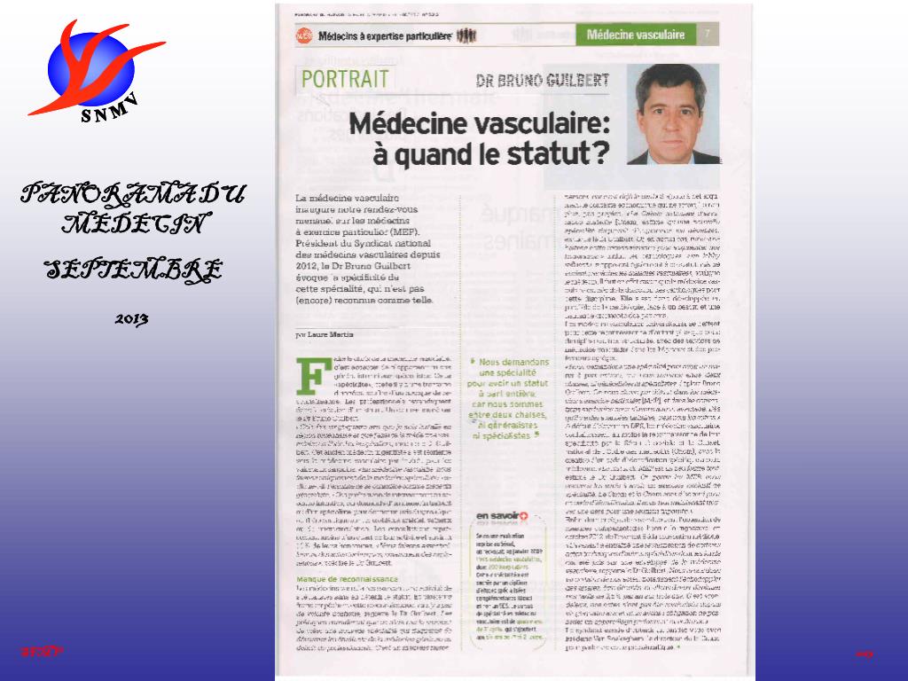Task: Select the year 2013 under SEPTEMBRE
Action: [x=131, y=317]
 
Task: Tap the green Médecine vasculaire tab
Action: [x=636, y=35]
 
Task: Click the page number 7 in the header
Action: [x=708, y=35]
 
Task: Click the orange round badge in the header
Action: [x=304, y=35]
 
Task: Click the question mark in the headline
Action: [x=599, y=152]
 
